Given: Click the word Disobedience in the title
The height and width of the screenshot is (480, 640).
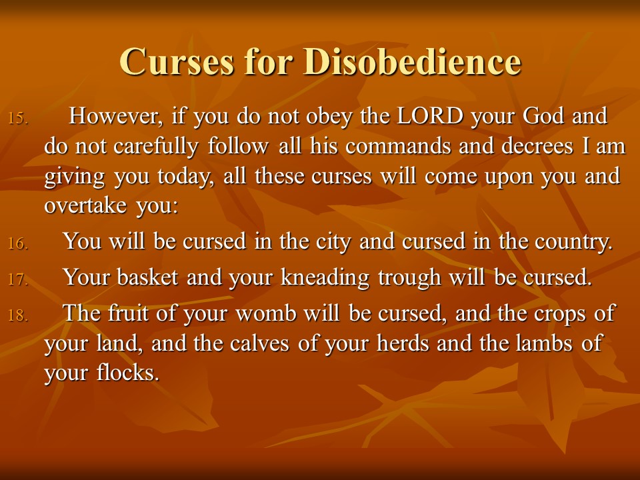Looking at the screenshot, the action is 412,61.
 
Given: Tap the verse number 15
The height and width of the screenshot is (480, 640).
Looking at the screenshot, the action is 19,119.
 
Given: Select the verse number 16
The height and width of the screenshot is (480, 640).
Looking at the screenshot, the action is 19,244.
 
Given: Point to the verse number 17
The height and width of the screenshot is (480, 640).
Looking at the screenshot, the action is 19,279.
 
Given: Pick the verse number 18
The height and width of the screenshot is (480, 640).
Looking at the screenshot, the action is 19,315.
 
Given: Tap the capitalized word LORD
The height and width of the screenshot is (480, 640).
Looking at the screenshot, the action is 430,115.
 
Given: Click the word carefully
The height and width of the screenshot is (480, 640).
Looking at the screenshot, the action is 156,147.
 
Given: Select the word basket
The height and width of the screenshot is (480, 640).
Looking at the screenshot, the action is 147,277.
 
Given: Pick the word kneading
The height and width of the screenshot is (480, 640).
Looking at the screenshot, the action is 325,278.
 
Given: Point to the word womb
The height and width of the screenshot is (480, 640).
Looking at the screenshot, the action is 266,313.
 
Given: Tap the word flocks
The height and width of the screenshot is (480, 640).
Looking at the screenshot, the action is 128,372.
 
